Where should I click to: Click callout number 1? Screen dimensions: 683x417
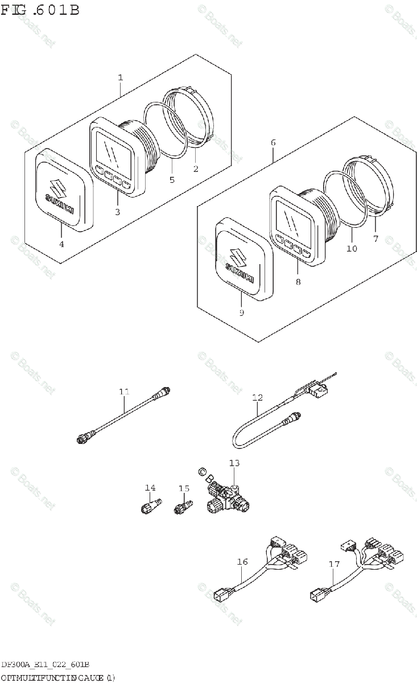click(x=121, y=76)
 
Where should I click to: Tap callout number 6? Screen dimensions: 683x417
click(x=273, y=142)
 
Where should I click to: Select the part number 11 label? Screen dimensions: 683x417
click(x=125, y=391)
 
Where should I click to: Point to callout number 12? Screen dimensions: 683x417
click(x=258, y=397)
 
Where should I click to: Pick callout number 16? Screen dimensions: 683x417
click(x=242, y=562)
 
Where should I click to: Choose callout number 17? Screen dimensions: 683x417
click(x=334, y=564)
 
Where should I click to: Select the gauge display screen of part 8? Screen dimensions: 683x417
click(x=291, y=219)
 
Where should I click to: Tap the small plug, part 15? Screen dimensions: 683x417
click(x=183, y=504)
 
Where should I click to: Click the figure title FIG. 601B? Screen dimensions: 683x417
click(x=40, y=10)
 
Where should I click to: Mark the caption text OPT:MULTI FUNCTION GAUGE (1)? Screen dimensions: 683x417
click(x=57, y=677)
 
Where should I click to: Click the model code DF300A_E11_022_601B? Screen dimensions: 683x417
click(x=44, y=665)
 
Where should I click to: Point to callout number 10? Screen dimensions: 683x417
click(x=352, y=248)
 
